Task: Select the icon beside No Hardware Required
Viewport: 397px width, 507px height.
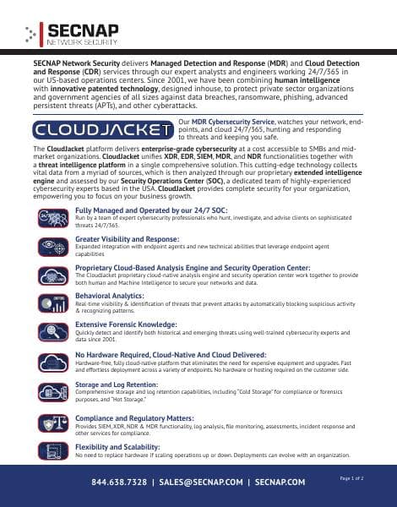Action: tap(52, 361)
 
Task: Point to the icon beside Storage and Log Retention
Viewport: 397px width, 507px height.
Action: tap(52, 390)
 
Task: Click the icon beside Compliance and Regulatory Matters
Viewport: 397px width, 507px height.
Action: tap(52, 422)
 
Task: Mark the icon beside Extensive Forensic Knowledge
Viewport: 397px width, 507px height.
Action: tap(52, 330)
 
